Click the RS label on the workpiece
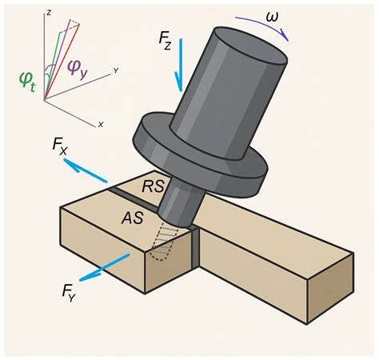[154, 186]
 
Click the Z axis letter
[49, 14]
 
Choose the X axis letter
[100, 125]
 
